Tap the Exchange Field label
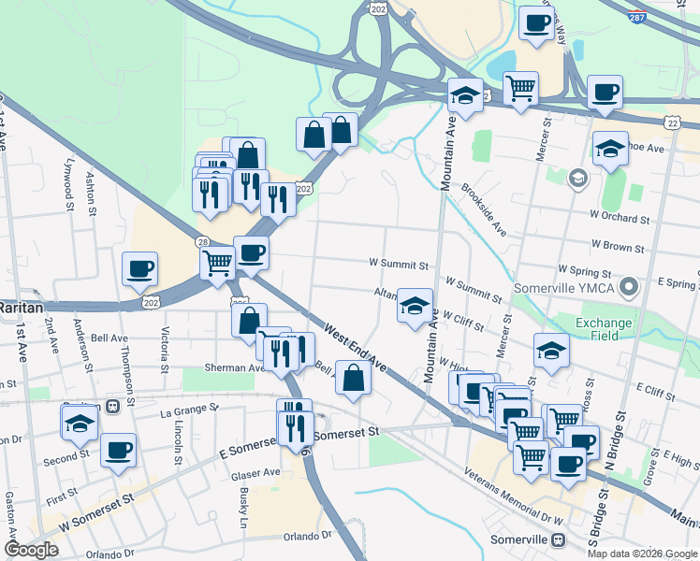tap(603, 330)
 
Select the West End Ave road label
tap(356, 346)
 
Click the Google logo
tap(31, 550)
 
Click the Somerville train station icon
tap(559, 540)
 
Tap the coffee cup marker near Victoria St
tap(140, 269)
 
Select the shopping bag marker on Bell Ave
tap(353, 378)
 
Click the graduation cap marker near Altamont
tap(415, 306)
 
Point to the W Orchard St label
tap(620, 219)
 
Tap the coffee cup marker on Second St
tap(118, 451)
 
